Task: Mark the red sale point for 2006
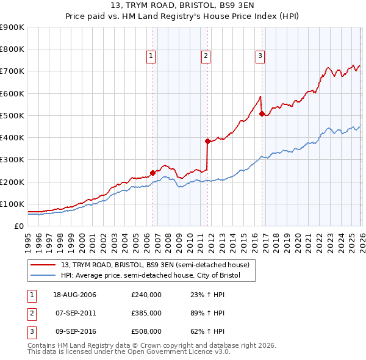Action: tap(153, 173)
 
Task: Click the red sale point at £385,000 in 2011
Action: tap(207, 141)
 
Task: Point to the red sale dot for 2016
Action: tap(262, 113)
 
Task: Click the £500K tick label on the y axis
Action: tap(12, 115)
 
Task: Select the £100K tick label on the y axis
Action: tap(12, 204)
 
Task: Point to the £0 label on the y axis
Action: tap(18, 226)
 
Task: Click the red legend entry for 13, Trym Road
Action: tap(155, 265)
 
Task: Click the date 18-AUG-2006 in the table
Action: tap(75, 295)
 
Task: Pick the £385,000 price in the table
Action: tap(146, 313)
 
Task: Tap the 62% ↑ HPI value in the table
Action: tap(207, 331)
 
